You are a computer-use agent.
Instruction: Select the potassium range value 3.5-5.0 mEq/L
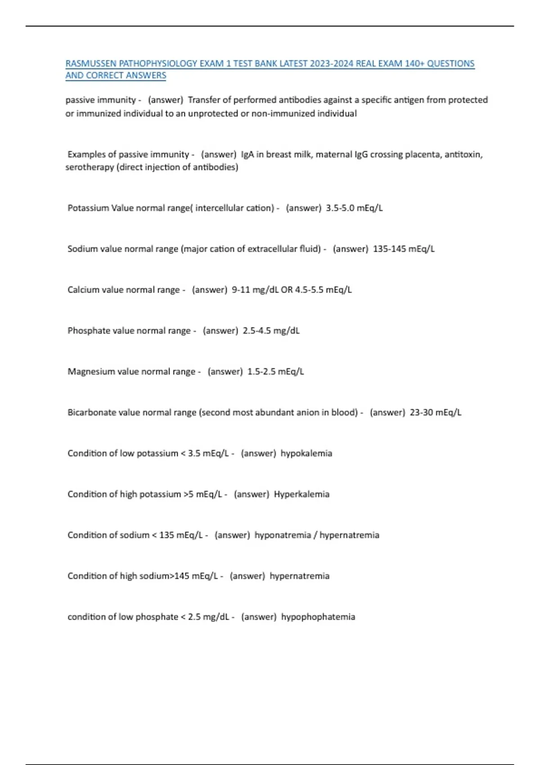354,208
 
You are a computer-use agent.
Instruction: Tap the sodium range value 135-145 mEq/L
404,249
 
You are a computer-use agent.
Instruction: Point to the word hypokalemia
306,453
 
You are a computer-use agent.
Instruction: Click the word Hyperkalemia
301,494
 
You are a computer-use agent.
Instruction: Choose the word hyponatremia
283,535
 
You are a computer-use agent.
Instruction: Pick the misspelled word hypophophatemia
318,617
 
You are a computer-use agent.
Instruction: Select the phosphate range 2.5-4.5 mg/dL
271,331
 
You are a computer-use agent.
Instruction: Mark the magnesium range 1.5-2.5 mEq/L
275,372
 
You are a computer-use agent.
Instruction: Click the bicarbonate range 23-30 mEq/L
435,413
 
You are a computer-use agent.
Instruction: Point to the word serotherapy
90,167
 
